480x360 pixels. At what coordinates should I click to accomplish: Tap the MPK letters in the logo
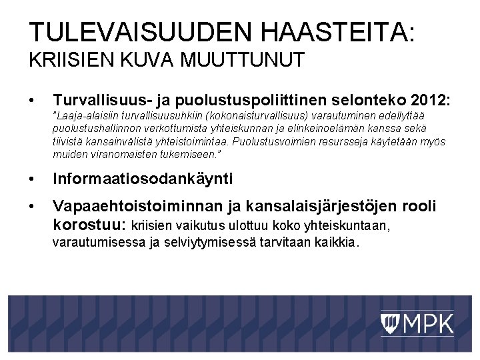pyautogui.click(x=427, y=325)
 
